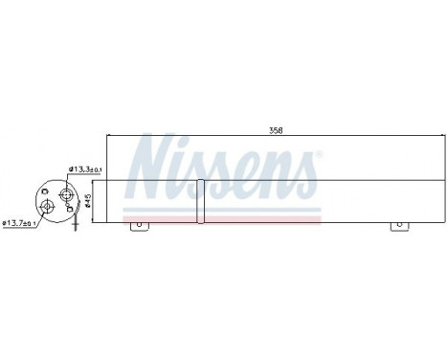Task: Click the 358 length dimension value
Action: [276, 130]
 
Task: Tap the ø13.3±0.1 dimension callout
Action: [85, 169]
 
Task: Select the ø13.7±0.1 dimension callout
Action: [19, 223]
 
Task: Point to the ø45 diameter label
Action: [89, 201]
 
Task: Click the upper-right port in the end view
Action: [65, 193]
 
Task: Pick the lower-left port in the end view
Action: [47, 206]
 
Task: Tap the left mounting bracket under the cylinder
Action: [140, 226]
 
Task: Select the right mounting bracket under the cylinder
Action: [400, 226]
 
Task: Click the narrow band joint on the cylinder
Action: [200, 201]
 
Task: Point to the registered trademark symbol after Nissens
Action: [319, 154]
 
